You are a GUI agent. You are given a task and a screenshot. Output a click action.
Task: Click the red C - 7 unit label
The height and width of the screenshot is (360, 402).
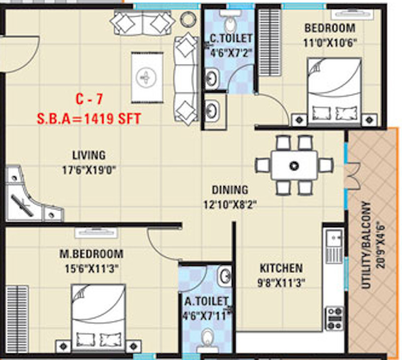click(x=89, y=99)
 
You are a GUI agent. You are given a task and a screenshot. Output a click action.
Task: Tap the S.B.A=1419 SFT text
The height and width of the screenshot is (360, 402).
click(x=89, y=119)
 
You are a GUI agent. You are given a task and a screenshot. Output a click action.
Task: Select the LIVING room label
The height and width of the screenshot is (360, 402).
click(x=89, y=155)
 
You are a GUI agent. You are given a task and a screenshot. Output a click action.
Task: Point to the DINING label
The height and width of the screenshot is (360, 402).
click(x=230, y=190)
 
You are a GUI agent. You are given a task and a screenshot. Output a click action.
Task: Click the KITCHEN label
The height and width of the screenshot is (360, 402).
click(x=281, y=268)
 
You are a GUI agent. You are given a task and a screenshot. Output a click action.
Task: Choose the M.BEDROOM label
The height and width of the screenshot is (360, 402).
click(x=91, y=254)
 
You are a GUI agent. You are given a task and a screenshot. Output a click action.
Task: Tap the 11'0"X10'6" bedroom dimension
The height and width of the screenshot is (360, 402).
click(x=330, y=43)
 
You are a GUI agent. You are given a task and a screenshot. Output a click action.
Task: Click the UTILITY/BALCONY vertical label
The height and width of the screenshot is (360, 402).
click(x=366, y=245)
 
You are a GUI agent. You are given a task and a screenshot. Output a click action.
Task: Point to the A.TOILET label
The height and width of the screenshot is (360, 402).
click(x=207, y=302)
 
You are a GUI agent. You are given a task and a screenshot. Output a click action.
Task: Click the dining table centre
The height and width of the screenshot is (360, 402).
click(x=294, y=165)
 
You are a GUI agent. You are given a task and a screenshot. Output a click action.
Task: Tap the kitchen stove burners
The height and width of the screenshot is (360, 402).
click(x=334, y=318)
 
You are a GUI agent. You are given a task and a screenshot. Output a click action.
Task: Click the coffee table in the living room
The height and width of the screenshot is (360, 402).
click(x=147, y=77)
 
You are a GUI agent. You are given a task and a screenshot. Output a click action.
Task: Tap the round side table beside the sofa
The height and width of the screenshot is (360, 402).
click(x=188, y=19)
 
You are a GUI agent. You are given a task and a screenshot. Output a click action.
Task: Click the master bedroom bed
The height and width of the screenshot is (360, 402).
click(x=98, y=317)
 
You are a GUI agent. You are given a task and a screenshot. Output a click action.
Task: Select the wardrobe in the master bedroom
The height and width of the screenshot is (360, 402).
click(x=17, y=319)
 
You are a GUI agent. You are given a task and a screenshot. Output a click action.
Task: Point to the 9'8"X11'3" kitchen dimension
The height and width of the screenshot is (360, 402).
click(x=281, y=283)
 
